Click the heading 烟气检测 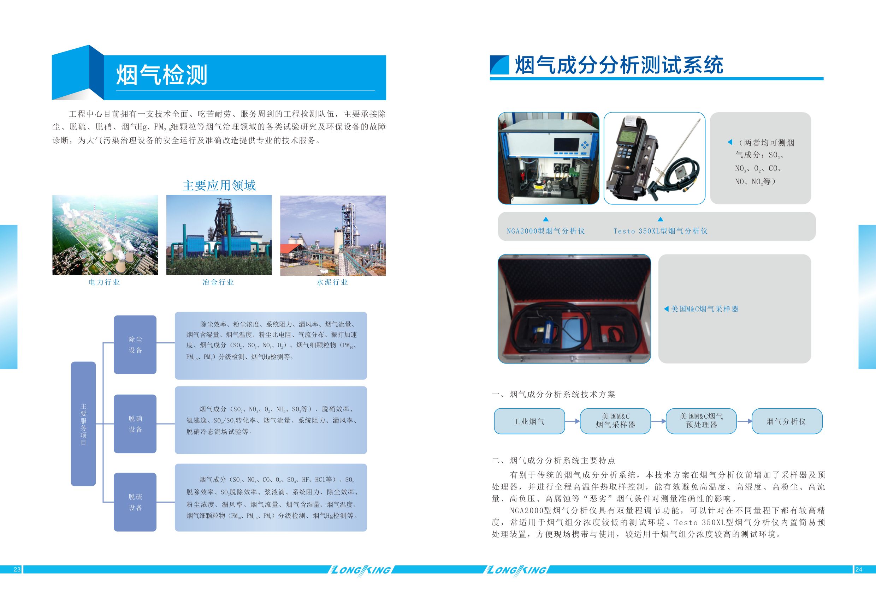point(162,74)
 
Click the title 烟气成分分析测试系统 point(618,65)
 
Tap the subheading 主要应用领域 point(219,185)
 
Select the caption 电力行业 point(105,282)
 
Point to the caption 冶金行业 point(218,282)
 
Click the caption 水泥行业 point(332,282)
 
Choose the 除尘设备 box point(135,345)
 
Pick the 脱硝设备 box point(135,424)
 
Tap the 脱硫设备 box point(135,502)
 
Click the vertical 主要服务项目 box point(83,424)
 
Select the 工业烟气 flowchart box point(529,421)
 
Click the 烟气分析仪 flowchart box point(787,421)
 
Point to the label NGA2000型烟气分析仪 point(545,231)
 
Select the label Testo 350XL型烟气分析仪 point(661,231)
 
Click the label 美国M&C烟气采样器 point(704,309)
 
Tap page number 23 point(17,570)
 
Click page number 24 point(859,570)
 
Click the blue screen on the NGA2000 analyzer point(567,145)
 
